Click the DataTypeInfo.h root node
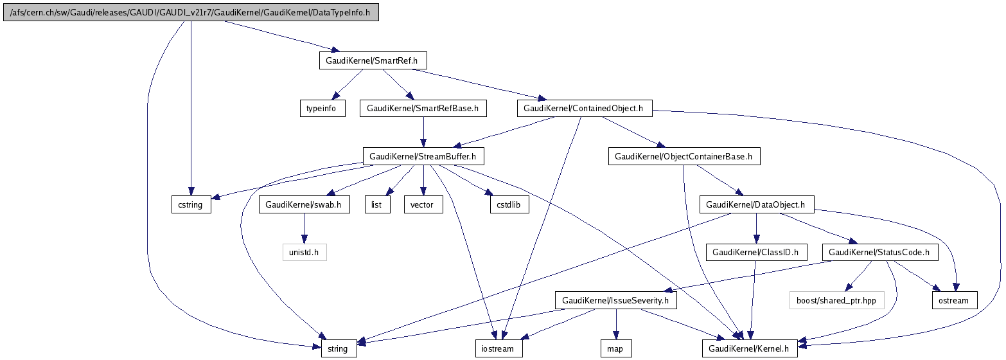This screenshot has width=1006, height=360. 191,13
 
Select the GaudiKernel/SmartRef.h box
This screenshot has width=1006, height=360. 373,61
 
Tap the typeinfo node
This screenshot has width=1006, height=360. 322,109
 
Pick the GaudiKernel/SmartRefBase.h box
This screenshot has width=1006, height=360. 423,109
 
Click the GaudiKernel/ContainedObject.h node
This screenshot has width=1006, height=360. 583,109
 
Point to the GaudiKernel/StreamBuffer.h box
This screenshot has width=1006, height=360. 423,156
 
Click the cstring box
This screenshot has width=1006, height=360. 191,205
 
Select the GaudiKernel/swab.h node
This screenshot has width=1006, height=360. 304,205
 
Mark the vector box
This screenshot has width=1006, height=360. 423,205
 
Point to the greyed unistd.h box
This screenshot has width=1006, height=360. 304,253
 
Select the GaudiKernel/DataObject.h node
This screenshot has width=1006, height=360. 756,205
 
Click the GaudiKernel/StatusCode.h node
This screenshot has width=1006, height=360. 879,253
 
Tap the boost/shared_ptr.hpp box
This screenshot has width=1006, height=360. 836,300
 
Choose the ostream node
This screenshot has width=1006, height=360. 954,300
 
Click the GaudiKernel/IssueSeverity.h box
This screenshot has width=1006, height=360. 615,300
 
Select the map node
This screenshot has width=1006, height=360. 615,349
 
